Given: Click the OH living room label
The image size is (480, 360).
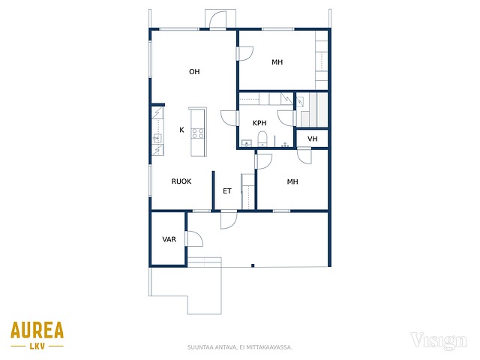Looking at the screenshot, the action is pos(194,72).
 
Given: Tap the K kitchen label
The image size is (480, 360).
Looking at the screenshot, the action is pos(181,130).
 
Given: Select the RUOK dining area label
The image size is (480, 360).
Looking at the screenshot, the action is pos(181,181).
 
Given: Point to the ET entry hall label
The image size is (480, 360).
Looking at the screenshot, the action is pos(226,191).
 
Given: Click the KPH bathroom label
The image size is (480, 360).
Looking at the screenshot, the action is pos(259,123).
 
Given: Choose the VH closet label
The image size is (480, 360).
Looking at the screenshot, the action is pos(312,139).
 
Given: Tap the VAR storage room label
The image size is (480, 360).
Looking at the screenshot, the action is pos(169,239).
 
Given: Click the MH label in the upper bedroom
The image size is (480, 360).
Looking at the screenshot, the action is pos(277,62).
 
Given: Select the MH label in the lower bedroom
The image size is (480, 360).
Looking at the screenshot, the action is pos(292,181).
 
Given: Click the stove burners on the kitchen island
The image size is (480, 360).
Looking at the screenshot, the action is pos(197,133).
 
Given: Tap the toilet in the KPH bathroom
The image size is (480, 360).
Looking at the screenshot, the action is pos(262,139).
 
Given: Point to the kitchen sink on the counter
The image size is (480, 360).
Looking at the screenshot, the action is pos(157,138).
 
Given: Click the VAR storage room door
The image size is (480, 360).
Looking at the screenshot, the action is pos(193,238).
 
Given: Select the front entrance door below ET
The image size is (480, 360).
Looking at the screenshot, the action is pos(229,220).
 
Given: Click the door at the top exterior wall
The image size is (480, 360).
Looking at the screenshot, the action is pos(217,20).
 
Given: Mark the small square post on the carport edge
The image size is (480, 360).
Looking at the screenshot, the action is pos(253,265).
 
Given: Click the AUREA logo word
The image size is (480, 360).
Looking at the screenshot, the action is pos(37,330).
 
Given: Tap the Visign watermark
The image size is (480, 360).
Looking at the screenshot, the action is pos(438,341).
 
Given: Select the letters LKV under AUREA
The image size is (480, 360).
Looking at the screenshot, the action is pos(37,346).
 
